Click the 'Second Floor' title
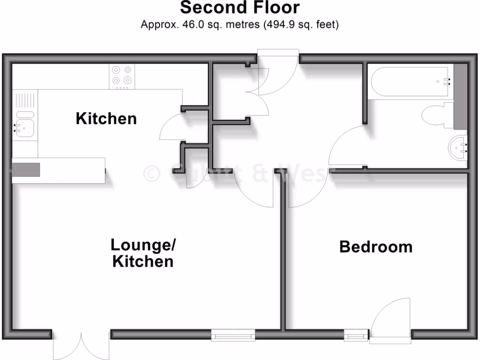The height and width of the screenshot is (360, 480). [x=240, y=8]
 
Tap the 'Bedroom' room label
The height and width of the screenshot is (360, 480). [x=376, y=247]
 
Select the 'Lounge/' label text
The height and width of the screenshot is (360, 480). [x=143, y=245]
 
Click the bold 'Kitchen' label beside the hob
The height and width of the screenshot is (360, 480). [x=106, y=119]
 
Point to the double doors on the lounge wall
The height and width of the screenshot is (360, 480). [x=81, y=346]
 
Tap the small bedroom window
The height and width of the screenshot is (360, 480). [x=356, y=335]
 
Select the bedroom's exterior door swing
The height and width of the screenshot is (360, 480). [x=390, y=319]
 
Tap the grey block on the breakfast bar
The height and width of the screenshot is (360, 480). [x=26, y=170]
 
